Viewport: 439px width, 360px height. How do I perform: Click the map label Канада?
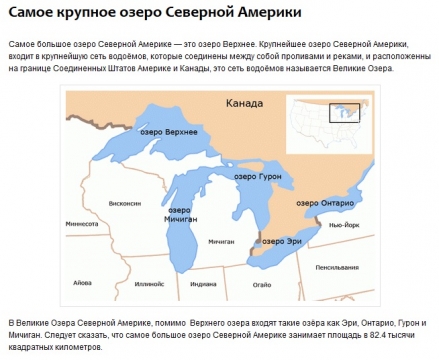click(x=245, y=103)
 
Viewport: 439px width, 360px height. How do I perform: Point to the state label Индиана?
click(x=202, y=284)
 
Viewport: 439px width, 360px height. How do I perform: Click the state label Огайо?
click(x=260, y=284)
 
